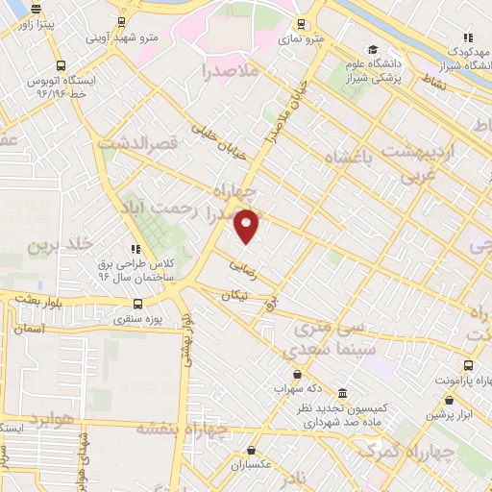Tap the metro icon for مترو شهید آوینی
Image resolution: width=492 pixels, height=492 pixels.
[x=122, y=21]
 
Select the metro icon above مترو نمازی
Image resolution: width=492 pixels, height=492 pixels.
[x=302, y=24]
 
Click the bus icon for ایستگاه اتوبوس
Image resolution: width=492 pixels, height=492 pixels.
[x=61, y=66]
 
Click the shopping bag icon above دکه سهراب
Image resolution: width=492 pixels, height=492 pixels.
[x=296, y=374]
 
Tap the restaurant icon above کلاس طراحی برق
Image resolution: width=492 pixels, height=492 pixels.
[x=136, y=249]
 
